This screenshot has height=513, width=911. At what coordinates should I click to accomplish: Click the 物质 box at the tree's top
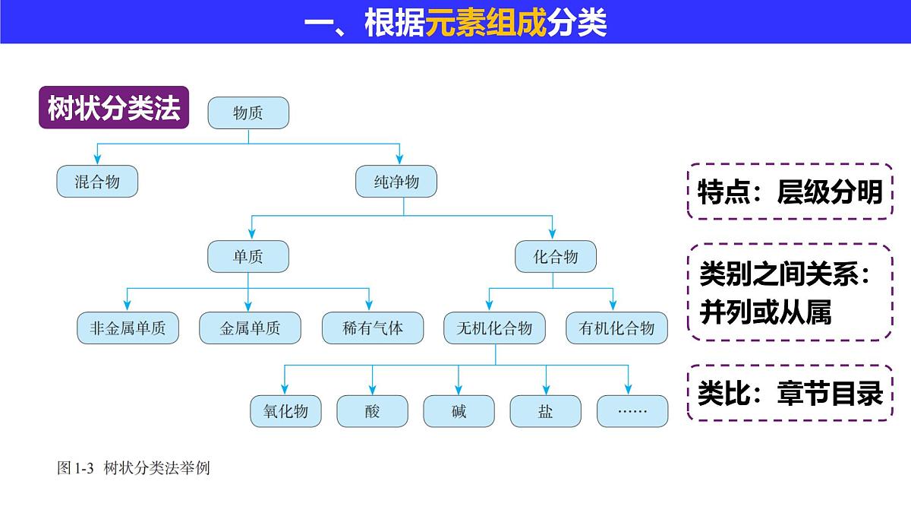(248, 113)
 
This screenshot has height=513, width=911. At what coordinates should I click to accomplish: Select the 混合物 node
(97, 182)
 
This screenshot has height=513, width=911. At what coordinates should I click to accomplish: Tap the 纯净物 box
(396, 182)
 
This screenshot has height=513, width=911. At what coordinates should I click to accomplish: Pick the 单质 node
(248, 257)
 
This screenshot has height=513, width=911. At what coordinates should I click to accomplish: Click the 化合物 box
(556, 257)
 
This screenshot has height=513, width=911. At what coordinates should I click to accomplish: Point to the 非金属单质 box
(128, 328)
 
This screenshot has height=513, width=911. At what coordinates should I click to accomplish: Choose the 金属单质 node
(250, 328)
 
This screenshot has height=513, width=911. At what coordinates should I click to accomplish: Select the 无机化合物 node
(494, 328)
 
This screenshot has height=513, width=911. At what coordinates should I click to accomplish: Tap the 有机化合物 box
(616, 328)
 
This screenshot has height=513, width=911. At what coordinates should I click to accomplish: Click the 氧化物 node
(286, 411)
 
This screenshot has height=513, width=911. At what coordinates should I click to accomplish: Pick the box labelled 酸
(372, 411)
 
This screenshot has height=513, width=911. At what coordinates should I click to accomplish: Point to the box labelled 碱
(459, 411)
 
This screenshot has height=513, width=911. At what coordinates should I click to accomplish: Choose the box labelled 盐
(545, 411)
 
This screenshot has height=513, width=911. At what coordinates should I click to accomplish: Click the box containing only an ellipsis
(632, 411)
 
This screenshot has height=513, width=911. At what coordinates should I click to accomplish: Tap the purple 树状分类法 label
(114, 109)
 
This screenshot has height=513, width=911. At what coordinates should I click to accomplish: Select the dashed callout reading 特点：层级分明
(790, 192)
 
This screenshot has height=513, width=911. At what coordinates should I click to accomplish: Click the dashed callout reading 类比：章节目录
(790, 393)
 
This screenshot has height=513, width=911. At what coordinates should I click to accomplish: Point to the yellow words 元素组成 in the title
(486, 24)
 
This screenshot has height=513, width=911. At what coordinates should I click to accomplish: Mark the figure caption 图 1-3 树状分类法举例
(134, 468)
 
